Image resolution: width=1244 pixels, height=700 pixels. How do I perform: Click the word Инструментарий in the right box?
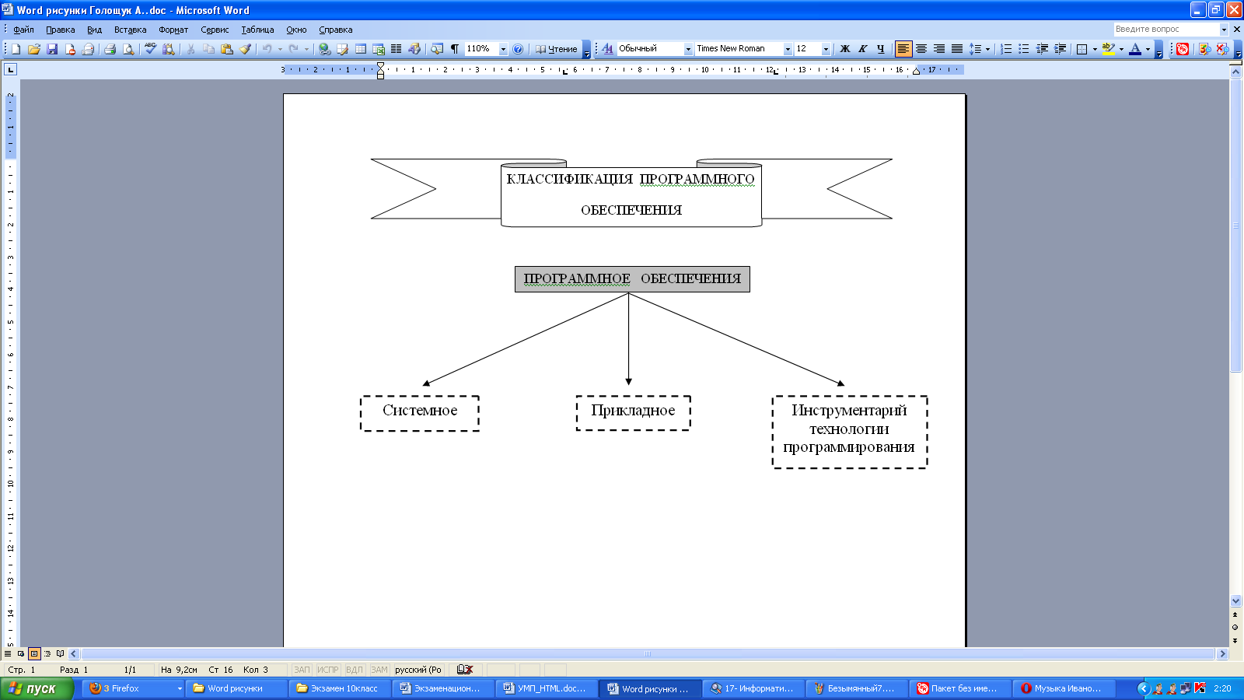[x=849, y=411]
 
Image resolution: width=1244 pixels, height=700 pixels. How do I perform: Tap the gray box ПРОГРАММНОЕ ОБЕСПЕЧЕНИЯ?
[x=632, y=279]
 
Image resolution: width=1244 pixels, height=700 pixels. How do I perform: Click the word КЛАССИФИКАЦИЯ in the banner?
[x=569, y=179]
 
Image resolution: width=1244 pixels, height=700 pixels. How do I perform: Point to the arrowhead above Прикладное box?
[x=629, y=382]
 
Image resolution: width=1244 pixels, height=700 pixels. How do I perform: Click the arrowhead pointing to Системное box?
[x=426, y=383]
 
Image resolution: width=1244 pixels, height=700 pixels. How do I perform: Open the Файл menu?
[x=23, y=30]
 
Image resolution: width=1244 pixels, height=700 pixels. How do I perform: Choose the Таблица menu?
[x=257, y=30]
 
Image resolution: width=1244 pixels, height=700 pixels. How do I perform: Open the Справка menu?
[x=335, y=30]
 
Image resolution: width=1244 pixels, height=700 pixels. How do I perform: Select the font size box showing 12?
[x=812, y=49]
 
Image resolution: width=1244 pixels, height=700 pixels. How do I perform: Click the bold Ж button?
[x=844, y=49]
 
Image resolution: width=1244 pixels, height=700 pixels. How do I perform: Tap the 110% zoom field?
[x=486, y=49]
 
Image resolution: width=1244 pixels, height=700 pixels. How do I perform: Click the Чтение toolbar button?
[x=556, y=49]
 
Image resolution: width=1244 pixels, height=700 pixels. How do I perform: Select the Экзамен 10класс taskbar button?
[x=343, y=688]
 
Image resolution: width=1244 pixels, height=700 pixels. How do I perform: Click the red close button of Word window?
[x=1233, y=10]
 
